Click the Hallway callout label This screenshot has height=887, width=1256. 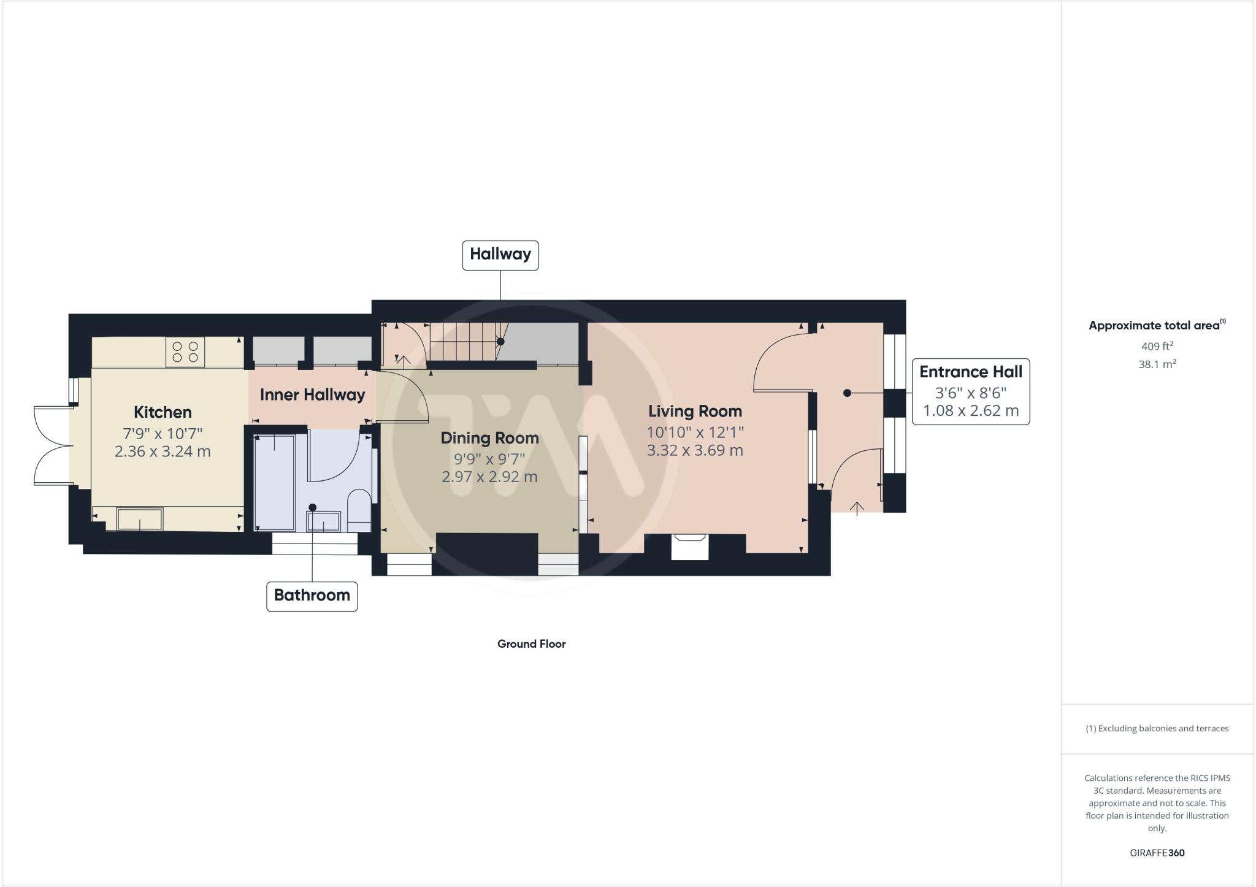(500, 255)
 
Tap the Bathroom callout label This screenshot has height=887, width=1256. (312, 596)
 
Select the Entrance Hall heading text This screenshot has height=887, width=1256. (970, 372)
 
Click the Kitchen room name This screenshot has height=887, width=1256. (163, 412)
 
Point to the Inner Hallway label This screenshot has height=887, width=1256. (312, 395)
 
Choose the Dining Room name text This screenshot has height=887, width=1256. (489, 438)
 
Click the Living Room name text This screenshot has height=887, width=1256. (695, 411)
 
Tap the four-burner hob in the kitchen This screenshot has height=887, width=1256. (185, 352)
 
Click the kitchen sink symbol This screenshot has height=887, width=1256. (140, 519)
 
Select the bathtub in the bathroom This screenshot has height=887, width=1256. (274, 482)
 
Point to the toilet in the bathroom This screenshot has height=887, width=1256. (359, 509)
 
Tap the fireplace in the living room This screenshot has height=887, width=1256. (690, 546)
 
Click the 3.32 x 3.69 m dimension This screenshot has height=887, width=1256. (695, 451)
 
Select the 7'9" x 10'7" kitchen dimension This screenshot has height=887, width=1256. (163, 434)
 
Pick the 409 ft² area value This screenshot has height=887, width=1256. (1157, 346)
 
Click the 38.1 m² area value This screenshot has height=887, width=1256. (1157, 364)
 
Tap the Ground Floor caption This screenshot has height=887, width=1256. (531, 644)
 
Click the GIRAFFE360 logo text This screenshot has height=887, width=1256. (1157, 853)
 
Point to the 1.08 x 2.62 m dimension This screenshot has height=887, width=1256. (970, 410)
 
